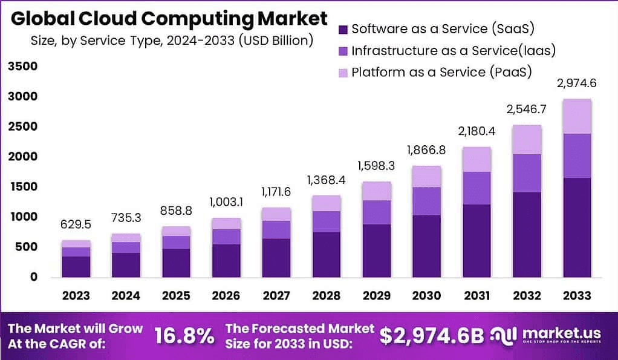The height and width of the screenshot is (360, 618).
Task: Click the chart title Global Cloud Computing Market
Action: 169,19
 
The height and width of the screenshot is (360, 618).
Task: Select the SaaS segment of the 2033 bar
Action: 577,227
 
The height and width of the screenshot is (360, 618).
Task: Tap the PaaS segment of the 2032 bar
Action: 527,140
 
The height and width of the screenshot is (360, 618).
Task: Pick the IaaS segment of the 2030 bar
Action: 426,201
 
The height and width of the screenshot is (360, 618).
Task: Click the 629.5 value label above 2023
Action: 76,225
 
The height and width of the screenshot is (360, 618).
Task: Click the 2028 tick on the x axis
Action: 327,295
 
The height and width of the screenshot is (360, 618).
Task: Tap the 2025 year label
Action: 176,295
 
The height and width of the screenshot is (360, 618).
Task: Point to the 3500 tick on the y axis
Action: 22,66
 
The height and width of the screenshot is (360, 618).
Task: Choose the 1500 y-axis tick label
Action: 22,186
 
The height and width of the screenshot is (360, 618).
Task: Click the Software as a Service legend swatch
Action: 343,29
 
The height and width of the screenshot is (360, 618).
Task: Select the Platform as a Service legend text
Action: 441,72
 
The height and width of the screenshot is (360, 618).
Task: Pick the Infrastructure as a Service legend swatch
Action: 343,51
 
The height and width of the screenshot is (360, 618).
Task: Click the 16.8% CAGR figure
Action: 184,335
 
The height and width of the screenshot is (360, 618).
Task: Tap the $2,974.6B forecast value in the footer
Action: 432,335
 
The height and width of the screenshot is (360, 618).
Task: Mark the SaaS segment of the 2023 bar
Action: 76,266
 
